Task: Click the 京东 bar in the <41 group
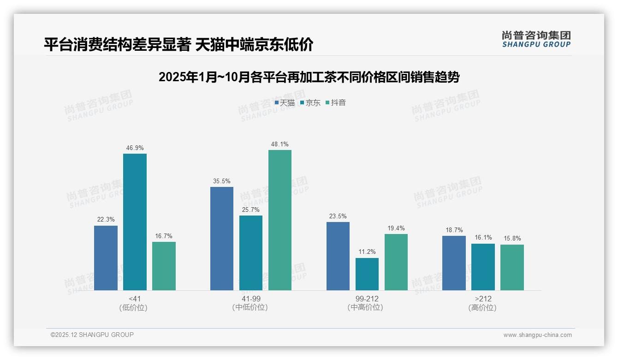[135, 222]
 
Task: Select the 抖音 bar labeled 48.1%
[280, 220]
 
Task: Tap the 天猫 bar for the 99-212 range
[338, 256]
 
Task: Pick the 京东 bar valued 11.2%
[367, 274]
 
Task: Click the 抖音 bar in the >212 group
[512, 267]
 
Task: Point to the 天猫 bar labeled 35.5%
[222, 239]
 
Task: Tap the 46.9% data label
[135, 148]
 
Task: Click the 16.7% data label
[164, 236]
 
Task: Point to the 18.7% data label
[454, 230]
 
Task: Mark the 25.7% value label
[251, 210]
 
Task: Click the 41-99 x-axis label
[250, 299]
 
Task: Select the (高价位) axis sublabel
[482, 308]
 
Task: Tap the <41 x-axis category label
[134, 299]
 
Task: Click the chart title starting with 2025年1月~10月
[309, 77]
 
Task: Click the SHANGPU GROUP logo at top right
[536, 39]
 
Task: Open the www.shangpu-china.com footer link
[537, 335]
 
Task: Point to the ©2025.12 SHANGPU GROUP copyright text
[92, 335]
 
